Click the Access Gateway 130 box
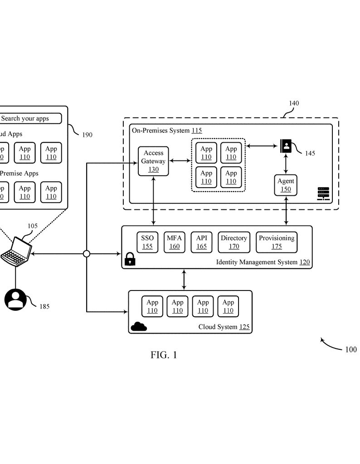coord(153,161)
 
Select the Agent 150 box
coord(286,185)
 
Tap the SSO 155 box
coord(147,242)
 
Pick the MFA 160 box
coord(174,242)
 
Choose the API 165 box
coord(201,242)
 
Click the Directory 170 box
coord(234,242)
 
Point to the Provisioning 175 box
coord(277,242)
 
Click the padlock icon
coord(130,259)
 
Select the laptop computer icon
coord(17,250)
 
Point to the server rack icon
coord(323,193)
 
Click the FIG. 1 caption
coord(164,355)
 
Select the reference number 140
coord(294,103)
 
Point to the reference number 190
coord(87,135)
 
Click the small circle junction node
coord(87,254)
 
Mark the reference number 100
coord(350,349)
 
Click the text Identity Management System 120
coord(263,262)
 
